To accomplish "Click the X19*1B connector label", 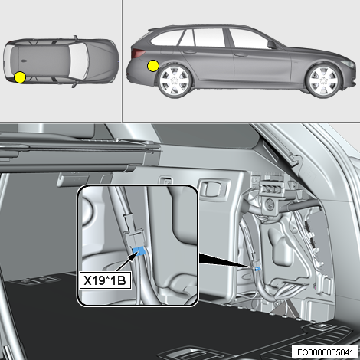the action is pyautogui.click(x=105, y=280).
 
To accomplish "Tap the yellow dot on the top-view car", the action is pyautogui.click(x=20, y=77).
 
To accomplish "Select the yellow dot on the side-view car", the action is pyautogui.click(x=153, y=66).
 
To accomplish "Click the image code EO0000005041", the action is pyautogui.click(x=325, y=352).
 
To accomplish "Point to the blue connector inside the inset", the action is pyautogui.click(x=139, y=251).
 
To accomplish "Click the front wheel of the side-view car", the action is pyautogui.click(x=324, y=81).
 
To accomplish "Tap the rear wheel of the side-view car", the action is pyautogui.click(x=175, y=81).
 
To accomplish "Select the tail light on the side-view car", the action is pyautogui.click(x=138, y=53).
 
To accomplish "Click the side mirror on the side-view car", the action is pyautogui.click(x=272, y=44).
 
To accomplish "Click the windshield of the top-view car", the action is pyautogui.click(x=78, y=61).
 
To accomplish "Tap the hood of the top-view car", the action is pyautogui.click(x=101, y=61).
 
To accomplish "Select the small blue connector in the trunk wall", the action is pyautogui.click(x=258, y=268).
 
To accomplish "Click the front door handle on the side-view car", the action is pyautogui.click(x=241, y=54).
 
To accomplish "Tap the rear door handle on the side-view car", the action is pyautogui.click(x=189, y=52).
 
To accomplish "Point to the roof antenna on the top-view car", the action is pyautogui.click(x=25, y=61).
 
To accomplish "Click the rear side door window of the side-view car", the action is pyautogui.click(x=209, y=38).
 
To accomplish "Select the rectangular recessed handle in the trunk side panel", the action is pyautogui.click(x=212, y=188).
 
